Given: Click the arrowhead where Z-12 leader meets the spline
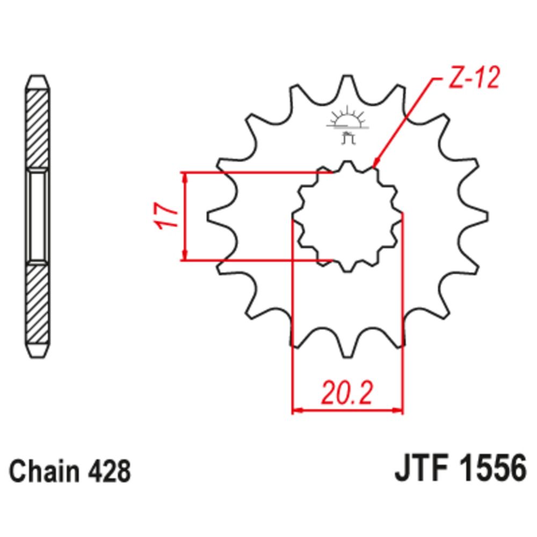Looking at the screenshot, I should (376, 164).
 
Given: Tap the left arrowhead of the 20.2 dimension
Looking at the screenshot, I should (296, 411).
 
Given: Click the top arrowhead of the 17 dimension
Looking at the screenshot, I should (185, 177).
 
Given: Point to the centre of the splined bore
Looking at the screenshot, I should (347, 216).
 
